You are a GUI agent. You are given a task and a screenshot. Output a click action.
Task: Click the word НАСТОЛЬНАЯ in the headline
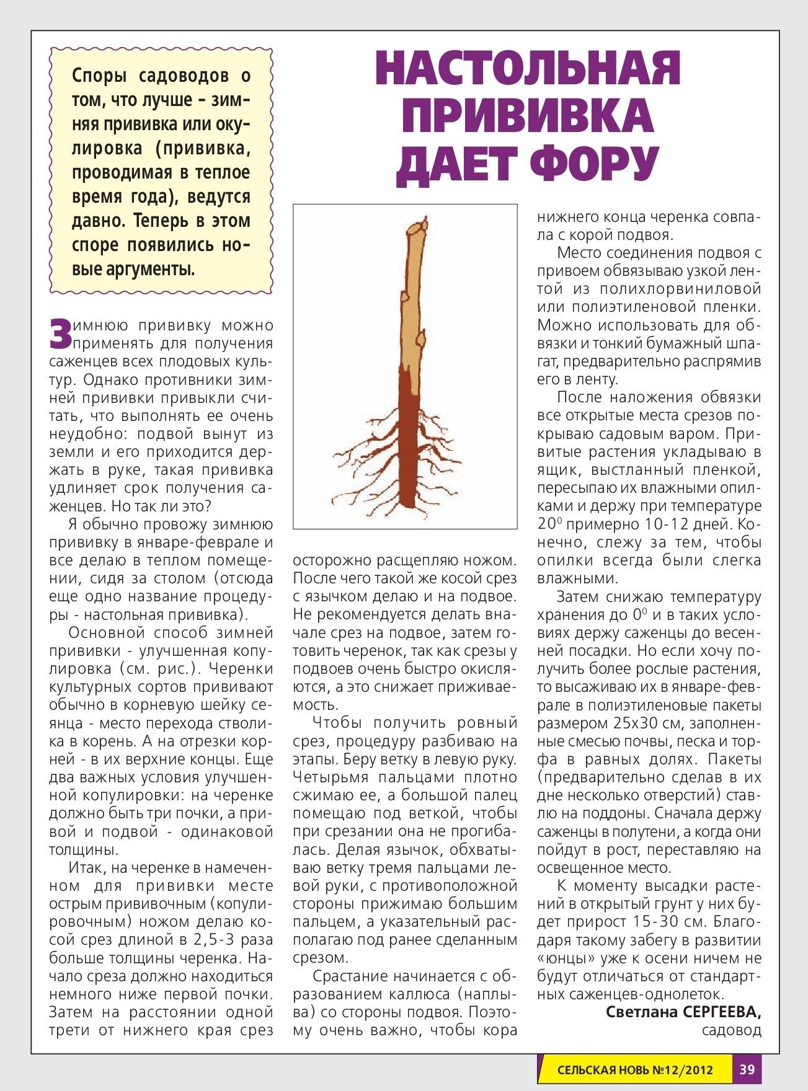click(528, 68)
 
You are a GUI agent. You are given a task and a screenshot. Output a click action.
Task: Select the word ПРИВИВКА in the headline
click(528, 116)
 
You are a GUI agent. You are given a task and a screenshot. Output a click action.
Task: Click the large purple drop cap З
click(61, 334)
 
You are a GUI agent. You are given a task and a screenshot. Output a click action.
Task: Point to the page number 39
click(747, 1069)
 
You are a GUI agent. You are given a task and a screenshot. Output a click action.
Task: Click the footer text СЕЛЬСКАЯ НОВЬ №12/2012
click(634, 1070)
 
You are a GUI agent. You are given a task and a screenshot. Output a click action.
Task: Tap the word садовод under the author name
click(731, 1030)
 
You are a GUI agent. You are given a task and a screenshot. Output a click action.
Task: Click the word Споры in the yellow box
click(99, 76)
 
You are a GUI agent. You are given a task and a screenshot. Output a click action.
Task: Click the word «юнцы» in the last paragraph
click(562, 958)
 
